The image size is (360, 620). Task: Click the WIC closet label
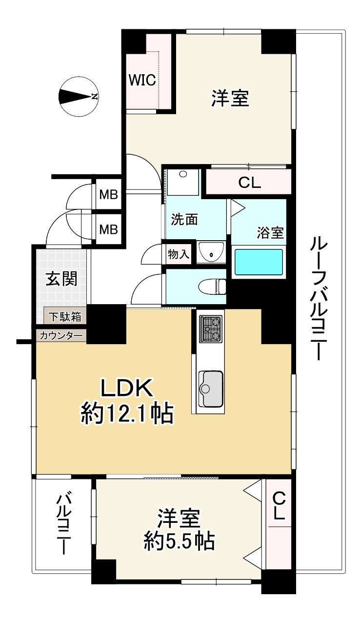click(x=142, y=80)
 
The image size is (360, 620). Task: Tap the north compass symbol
click(x=78, y=96)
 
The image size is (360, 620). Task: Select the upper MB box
click(x=108, y=195)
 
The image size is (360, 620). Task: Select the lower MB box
click(x=108, y=228)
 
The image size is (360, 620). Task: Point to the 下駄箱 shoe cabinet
click(x=65, y=316)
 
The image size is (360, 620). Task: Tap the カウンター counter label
click(x=61, y=335)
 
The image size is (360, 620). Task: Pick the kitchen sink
click(x=210, y=388)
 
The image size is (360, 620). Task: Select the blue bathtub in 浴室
click(x=259, y=262)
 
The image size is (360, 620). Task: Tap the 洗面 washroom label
click(x=184, y=220)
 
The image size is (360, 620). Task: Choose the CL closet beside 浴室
click(x=250, y=183)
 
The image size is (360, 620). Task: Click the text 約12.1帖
click(x=127, y=414)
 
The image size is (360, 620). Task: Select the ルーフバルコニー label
click(x=318, y=298)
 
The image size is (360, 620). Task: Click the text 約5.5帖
click(x=180, y=541)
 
